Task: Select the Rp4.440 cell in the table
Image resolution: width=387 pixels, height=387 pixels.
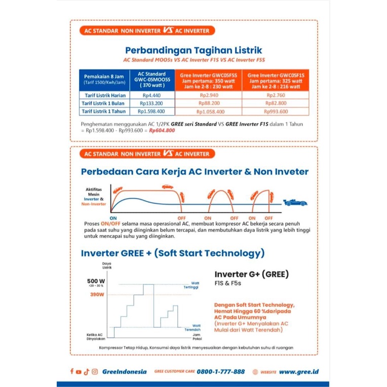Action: (x=151, y=95)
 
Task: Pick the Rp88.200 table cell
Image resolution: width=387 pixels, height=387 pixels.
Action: (x=208, y=103)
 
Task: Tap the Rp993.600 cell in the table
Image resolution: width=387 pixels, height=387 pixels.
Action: (x=276, y=111)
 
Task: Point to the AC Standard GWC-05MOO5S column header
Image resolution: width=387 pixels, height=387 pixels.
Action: (x=151, y=80)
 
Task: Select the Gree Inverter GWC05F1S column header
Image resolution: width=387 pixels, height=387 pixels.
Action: (x=276, y=80)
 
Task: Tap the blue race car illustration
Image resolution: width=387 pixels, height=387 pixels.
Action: (x=295, y=203)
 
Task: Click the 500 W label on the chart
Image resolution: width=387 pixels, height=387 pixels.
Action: (x=96, y=281)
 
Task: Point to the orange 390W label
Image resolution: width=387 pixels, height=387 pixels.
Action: (x=97, y=294)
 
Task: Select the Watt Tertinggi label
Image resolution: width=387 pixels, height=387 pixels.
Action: (x=195, y=285)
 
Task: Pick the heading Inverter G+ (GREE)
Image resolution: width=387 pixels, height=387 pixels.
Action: (x=251, y=275)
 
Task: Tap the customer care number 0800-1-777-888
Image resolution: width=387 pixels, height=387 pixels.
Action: (x=220, y=371)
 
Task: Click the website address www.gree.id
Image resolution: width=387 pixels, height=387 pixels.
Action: (x=299, y=371)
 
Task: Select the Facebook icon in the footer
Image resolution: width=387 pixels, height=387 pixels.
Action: (x=72, y=372)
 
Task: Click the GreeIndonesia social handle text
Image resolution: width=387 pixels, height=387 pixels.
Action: (x=124, y=371)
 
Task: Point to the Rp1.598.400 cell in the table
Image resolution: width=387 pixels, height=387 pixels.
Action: (x=151, y=111)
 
